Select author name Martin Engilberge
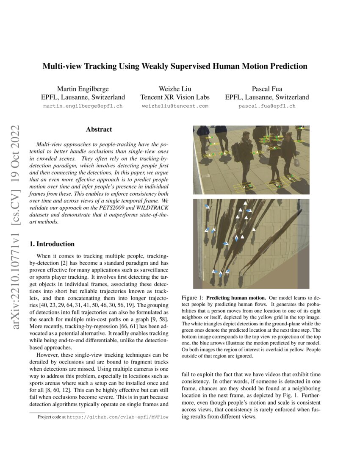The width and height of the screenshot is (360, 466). click(x=83, y=89)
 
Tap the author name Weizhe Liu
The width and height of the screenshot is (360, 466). click(x=175, y=89)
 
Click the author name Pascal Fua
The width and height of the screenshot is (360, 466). click(x=267, y=89)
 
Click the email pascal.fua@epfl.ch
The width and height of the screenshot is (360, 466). click(x=267, y=106)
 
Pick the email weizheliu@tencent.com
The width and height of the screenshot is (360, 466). click(x=175, y=106)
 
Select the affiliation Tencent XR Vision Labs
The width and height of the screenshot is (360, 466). click(x=175, y=97)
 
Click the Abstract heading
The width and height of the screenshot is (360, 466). click(x=99, y=130)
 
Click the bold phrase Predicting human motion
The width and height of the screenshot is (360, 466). click(x=233, y=298)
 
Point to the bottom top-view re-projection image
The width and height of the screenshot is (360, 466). click(x=251, y=244)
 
